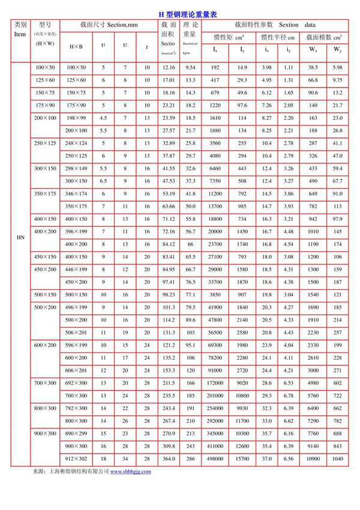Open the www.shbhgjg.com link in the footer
click(x=130, y=472)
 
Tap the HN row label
click(x=20, y=238)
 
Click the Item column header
click(x=20, y=35)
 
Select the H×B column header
click(x=76, y=46)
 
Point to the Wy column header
click(x=338, y=49)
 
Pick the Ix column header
click(x=215, y=49)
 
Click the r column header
click(x=147, y=46)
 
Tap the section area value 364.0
click(x=169, y=458)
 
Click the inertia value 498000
click(x=215, y=458)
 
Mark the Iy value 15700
click(x=242, y=458)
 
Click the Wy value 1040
click(x=338, y=458)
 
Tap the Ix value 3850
click(x=215, y=295)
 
